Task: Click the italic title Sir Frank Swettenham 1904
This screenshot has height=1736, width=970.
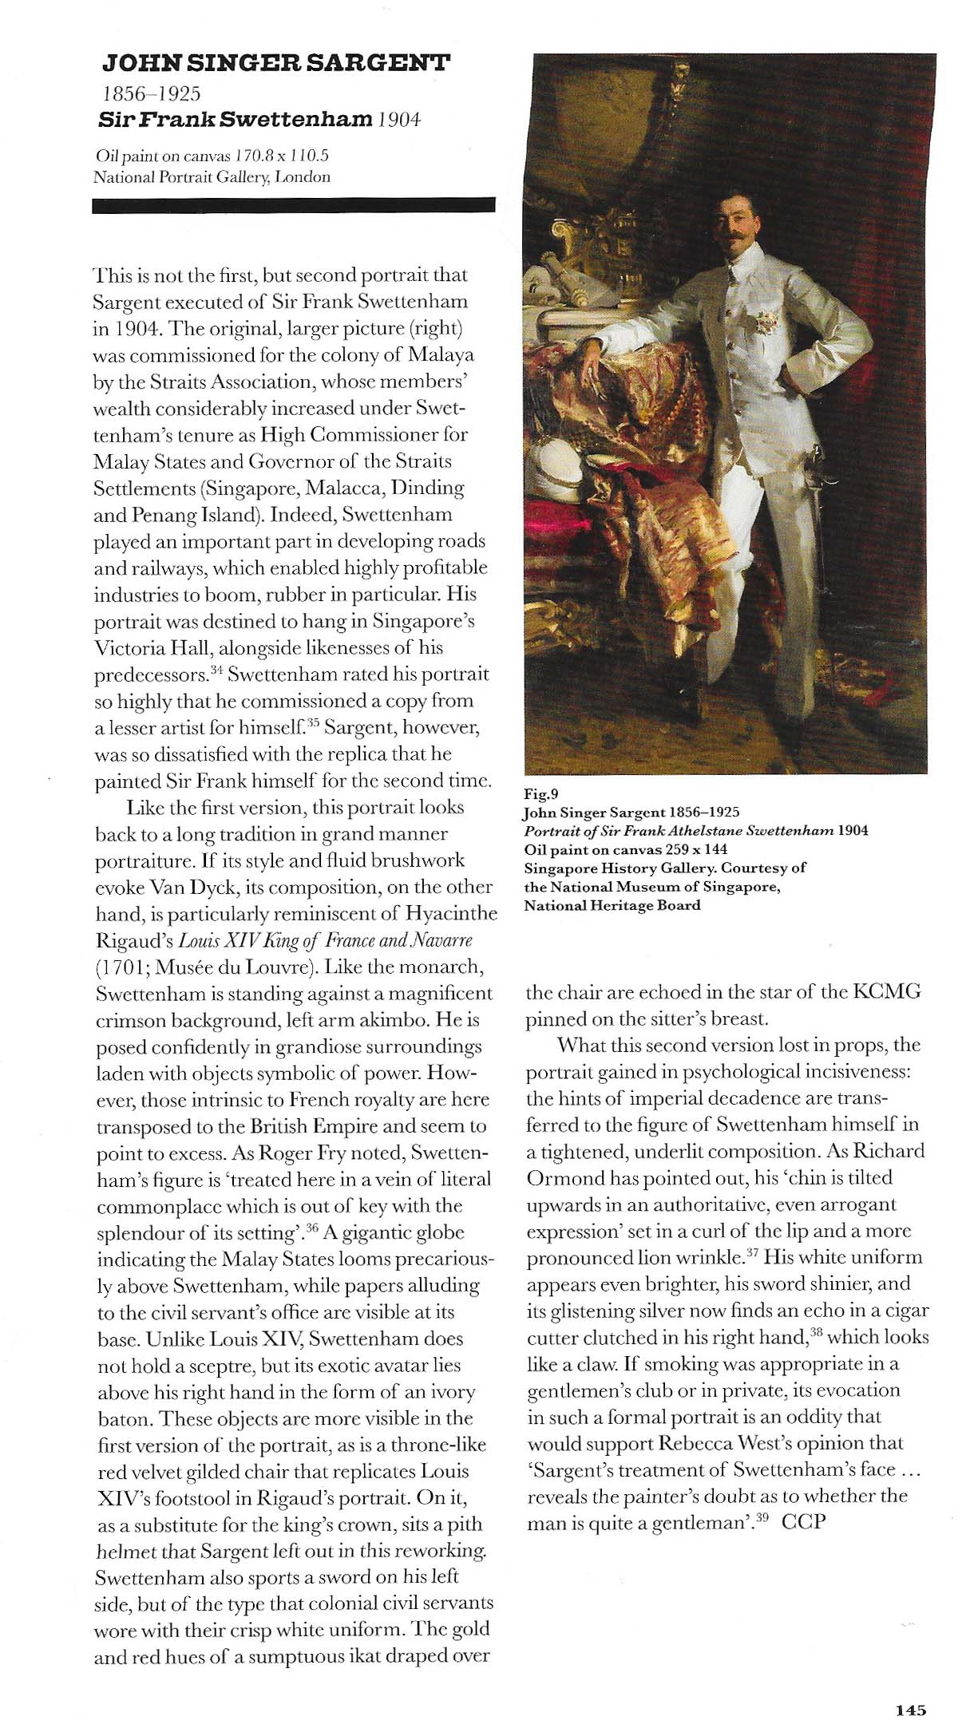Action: click(259, 121)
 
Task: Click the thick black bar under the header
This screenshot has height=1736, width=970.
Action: click(294, 206)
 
